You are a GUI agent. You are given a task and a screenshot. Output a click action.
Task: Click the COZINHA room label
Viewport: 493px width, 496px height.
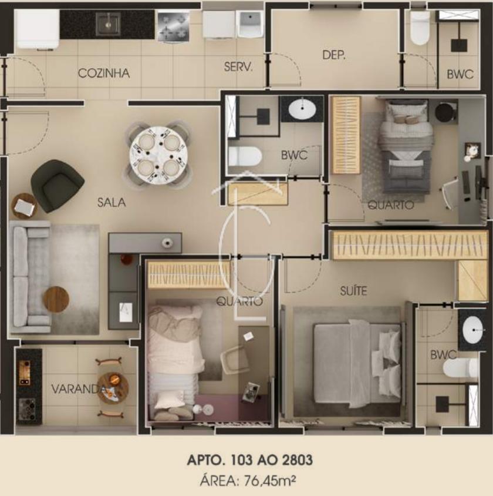pyautogui.click(x=104, y=73)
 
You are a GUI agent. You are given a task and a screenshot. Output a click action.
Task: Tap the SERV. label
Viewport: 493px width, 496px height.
pyautogui.click(x=238, y=67)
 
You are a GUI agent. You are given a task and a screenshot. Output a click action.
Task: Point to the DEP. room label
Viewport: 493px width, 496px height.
pyautogui.click(x=334, y=55)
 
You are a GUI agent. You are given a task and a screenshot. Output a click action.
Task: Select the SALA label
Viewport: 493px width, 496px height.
pyautogui.click(x=112, y=202)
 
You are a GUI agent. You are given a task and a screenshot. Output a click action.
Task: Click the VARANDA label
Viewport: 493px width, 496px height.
pyautogui.click(x=78, y=389)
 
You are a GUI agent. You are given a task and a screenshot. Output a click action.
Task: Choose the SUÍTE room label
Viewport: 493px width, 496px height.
pyautogui.click(x=353, y=290)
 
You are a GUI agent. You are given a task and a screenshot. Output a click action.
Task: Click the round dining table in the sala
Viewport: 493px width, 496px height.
pyautogui.click(x=158, y=155)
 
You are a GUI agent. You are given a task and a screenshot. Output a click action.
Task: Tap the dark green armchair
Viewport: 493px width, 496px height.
pyautogui.click(x=57, y=186)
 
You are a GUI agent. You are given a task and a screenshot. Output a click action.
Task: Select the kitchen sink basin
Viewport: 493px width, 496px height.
pyautogui.click(x=109, y=24)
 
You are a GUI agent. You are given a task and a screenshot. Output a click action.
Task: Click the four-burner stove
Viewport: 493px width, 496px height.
pyautogui.click(x=173, y=26)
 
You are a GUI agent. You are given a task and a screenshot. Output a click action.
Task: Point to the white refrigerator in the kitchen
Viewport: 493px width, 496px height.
pyautogui.click(x=36, y=29)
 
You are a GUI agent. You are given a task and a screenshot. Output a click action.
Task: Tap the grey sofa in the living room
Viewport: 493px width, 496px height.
pyautogui.click(x=31, y=277)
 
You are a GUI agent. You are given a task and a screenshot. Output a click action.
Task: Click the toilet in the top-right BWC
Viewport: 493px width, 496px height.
pyautogui.click(x=420, y=28)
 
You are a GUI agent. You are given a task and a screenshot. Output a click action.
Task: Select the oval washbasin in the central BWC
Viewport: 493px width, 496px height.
pyautogui.click(x=302, y=109)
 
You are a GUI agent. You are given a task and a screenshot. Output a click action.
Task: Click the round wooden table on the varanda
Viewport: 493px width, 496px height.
pyautogui.click(x=113, y=388)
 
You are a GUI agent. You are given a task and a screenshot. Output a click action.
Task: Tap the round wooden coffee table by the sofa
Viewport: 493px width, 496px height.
pyautogui.click(x=56, y=299)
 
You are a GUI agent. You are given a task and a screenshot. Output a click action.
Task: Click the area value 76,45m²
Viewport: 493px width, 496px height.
pyautogui.click(x=270, y=481)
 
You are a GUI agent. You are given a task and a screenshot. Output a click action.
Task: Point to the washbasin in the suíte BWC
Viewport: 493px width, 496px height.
pyautogui.click(x=472, y=329)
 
